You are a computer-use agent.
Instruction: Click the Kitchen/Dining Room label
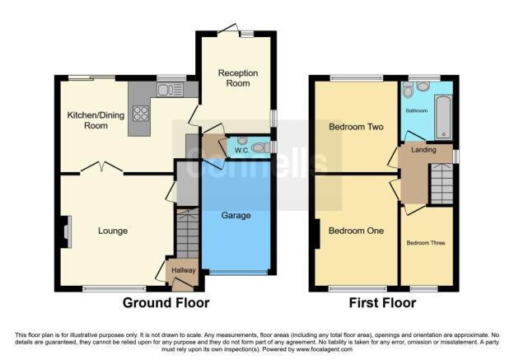[96, 120]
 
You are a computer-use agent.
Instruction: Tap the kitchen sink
[170, 90]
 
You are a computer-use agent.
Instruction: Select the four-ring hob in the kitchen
[141, 114]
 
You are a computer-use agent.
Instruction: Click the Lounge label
[113, 231]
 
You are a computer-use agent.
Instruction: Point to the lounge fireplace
[67, 231]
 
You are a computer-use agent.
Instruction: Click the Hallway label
[184, 270]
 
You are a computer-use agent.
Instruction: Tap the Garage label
[236, 215]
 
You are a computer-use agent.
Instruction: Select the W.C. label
[241, 151]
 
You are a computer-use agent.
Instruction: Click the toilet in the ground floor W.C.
[261, 147]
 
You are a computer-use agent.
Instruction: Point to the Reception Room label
[238, 78]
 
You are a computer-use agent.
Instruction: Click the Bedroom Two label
[356, 127]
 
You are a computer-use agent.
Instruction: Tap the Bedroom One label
[356, 231]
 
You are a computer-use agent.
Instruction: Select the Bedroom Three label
[426, 243]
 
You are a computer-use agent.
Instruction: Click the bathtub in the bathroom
[443, 117]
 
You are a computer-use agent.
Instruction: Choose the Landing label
[423, 150]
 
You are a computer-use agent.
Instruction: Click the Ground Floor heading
[166, 302]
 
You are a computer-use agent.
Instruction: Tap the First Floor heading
[382, 302]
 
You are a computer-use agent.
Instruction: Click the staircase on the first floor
[442, 184]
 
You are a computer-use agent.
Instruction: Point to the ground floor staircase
[188, 233]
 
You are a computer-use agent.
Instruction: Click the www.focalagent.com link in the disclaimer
[325, 349]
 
